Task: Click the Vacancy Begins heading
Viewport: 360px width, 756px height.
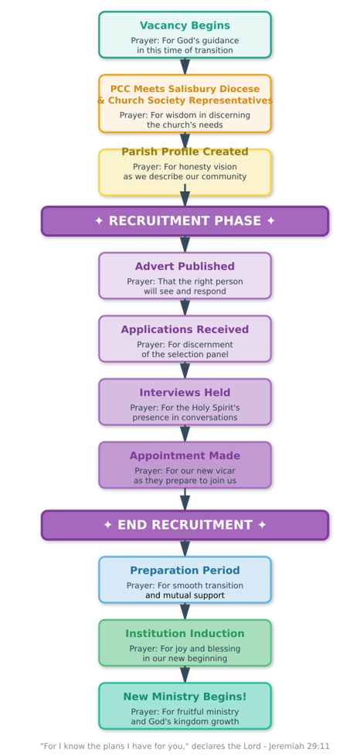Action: (x=185, y=26)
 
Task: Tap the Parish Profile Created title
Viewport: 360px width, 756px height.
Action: (x=185, y=152)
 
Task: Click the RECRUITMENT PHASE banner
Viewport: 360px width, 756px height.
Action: (x=185, y=221)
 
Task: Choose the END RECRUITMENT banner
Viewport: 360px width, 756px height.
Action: (x=185, y=525)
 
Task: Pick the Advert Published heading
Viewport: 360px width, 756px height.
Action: (x=185, y=267)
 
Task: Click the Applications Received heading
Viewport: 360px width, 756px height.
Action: (x=185, y=330)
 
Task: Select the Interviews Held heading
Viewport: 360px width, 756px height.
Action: (x=185, y=393)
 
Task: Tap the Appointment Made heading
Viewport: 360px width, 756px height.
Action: (x=185, y=456)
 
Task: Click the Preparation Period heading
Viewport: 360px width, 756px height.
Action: (x=185, y=570)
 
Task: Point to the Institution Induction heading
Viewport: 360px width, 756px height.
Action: (x=185, y=634)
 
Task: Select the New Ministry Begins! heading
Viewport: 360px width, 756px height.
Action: (x=185, y=696)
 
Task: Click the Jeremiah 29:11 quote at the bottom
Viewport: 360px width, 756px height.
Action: (x=185, y=746)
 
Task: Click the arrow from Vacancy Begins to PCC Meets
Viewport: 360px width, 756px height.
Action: (x=185, y=66)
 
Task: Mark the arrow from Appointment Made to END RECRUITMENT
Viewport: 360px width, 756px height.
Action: (x=185, y=499)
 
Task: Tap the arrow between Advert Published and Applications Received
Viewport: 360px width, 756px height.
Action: (x=185, y=307)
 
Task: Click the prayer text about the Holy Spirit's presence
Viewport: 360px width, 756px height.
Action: (x=185, y=413)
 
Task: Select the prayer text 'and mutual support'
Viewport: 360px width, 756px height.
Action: (x=185, y=596)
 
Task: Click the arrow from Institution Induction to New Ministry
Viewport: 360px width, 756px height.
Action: (x=185, y=674)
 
